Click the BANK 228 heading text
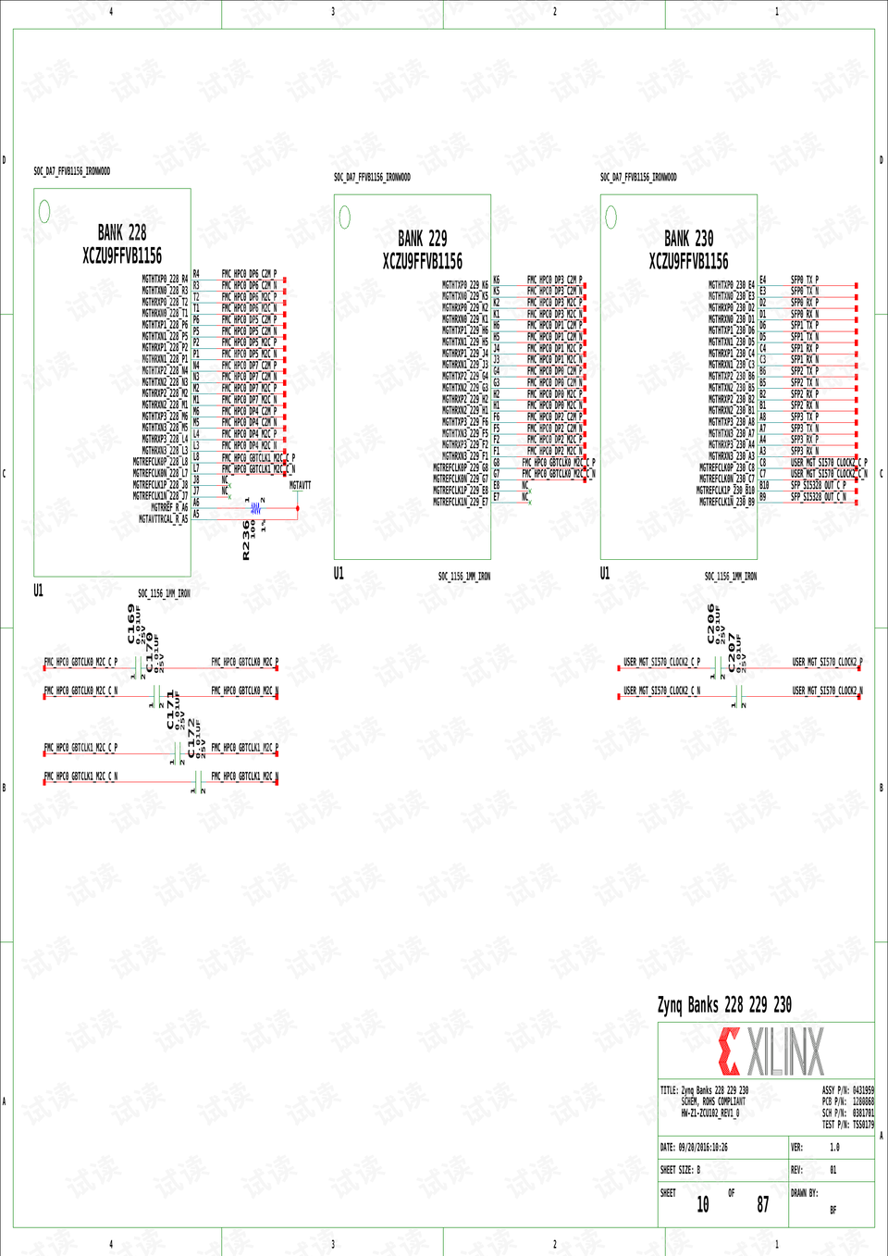(122, 232)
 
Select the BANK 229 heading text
(422, 239)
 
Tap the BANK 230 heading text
(688, 239)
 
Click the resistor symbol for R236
(255, 508)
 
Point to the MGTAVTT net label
(300, 485)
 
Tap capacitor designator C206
(711, 623)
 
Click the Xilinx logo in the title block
(771, 1051)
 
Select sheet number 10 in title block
(703, 1204)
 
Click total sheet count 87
(763, 1204)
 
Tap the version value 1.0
(834, 1147)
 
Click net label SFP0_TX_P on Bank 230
(805, 280)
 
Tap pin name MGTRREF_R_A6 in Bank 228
(169, 507)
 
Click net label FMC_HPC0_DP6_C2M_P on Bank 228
(249, 274)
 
